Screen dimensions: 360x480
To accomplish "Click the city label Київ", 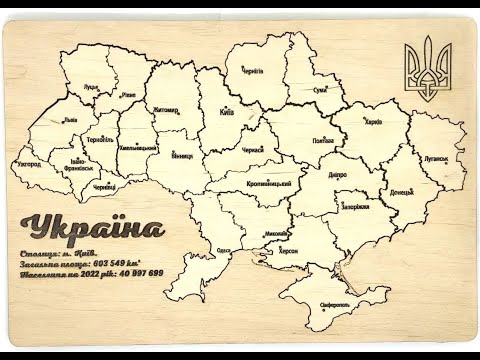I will (226, 112).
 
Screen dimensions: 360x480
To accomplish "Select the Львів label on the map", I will (69, 119).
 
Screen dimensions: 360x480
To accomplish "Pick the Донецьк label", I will (401, 191).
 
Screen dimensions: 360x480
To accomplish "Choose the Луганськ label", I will (434, 158).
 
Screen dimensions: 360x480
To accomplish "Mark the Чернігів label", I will (253, 71).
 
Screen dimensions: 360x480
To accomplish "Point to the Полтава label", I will (322, 141).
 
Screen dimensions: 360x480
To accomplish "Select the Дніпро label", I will (338, 173).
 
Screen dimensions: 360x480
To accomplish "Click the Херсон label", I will (288, 250).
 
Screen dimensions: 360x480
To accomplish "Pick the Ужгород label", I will (29, 163).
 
